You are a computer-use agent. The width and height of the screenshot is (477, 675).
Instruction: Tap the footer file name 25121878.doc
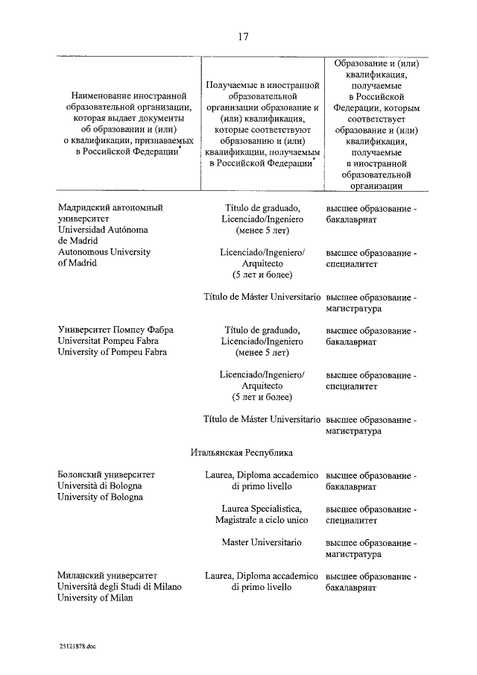(x=76, y=647)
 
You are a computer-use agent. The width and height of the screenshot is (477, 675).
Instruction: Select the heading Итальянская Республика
(x=239, y=452)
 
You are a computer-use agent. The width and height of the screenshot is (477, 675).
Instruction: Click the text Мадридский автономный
(x=110, y=207)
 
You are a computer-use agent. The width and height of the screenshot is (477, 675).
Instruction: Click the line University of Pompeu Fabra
(x=113, y=352)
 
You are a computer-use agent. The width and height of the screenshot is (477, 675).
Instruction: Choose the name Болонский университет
(x=106, y=474)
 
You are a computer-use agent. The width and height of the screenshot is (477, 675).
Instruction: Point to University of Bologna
(x=100, y=497)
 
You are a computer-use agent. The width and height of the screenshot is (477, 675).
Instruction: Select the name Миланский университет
(x=107, y=576)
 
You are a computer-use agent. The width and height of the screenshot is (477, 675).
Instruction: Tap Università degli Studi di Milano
(x=119, y=587)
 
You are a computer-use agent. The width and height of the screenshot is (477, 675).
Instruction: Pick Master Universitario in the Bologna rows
(x=261, y=541)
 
